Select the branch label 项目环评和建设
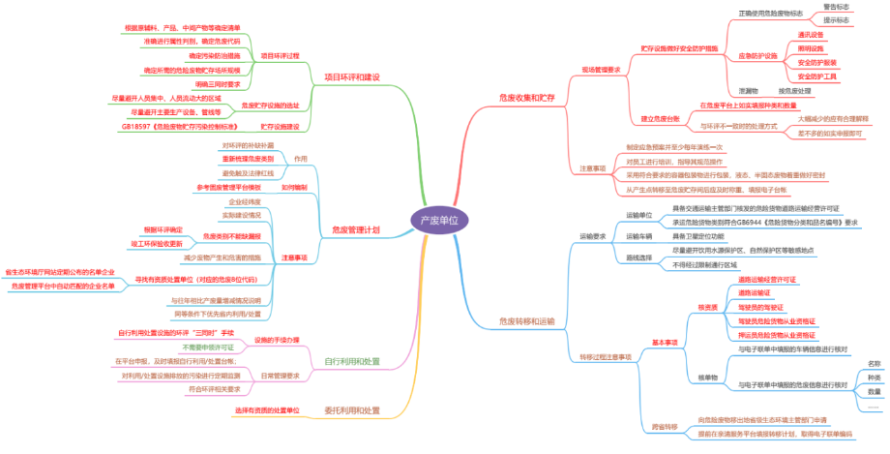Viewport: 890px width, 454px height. point(351,76)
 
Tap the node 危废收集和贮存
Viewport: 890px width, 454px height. point(527,98)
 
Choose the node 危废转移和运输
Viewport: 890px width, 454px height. point(527,320)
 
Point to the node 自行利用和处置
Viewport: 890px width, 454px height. point(351,361)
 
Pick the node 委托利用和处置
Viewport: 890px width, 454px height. point(351,409)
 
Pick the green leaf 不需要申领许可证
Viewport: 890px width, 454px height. point(208,347)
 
